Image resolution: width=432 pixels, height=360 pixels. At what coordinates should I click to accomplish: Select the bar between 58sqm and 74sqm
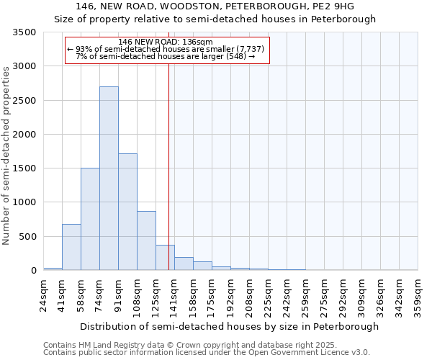click(x=90, y=219)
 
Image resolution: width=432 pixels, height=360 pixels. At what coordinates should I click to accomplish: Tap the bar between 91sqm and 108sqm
click(x=127, y=212)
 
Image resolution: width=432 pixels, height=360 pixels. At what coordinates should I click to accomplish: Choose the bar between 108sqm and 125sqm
click(x=146, y=240)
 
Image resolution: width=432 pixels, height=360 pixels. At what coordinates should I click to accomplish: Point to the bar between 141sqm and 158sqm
click(x=184, y=264)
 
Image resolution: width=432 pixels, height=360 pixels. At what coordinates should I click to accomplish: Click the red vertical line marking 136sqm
click(x=168, y=166)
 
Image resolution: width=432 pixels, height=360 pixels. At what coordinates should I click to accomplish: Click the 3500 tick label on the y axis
click(x=25, y=32)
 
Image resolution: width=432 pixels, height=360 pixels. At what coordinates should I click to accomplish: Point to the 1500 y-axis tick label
click(x=25, y=168)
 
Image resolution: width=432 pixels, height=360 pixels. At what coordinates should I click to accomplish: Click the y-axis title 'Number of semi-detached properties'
click(x=7, y=155)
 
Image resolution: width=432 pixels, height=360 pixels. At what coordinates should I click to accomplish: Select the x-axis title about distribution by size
click(x=229, y=326)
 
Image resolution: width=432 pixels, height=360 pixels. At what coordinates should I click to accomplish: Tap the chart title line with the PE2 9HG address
click(x=215, y=7)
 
